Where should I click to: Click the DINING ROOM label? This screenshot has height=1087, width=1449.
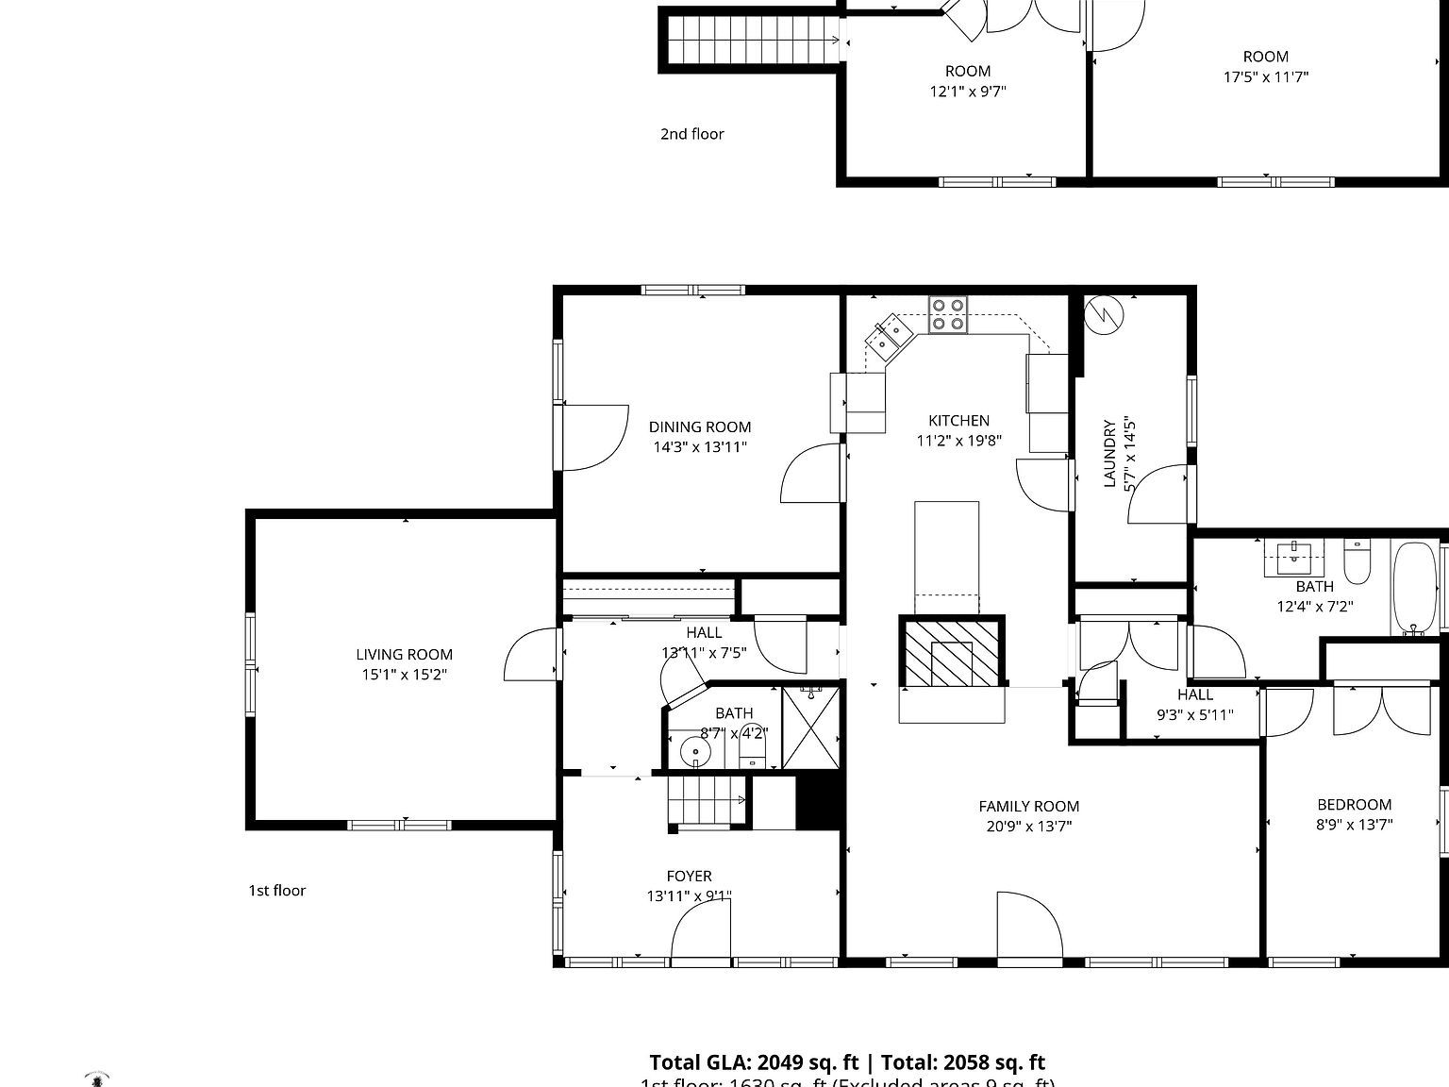click(x=699, y=426)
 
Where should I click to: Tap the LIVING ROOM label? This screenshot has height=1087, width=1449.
click(x=404, y=654)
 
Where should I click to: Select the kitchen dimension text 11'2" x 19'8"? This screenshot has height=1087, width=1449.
click(x=958, y=441)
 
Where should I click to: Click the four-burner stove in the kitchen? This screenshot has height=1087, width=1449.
click(x=948, y=314)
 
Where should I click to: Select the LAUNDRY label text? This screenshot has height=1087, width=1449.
click(x=1109, y=454)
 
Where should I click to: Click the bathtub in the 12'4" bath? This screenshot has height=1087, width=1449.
click(x=1414, y=587)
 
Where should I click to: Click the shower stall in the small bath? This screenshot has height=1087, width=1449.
click(x=811, y=727)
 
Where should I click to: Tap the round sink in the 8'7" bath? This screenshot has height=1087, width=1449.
click(x=696, y=752)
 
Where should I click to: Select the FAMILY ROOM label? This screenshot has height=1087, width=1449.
click(x=1028, y=806)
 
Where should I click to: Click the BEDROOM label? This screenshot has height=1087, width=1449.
click(x=1354, y=805)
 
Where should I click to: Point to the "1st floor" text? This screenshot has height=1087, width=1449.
click(x=276, y=890)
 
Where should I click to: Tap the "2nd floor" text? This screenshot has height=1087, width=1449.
click(x=691, y=134)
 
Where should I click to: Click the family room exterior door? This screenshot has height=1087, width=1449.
click(x=1029, y=929)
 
